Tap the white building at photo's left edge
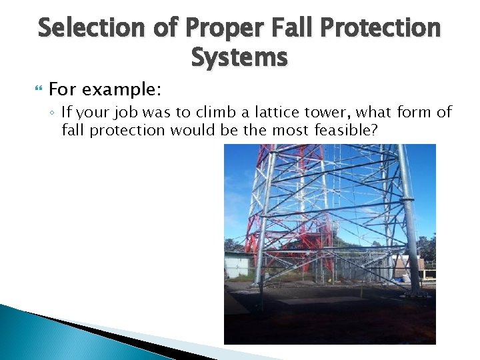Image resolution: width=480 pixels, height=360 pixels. (x=236, y=265)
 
